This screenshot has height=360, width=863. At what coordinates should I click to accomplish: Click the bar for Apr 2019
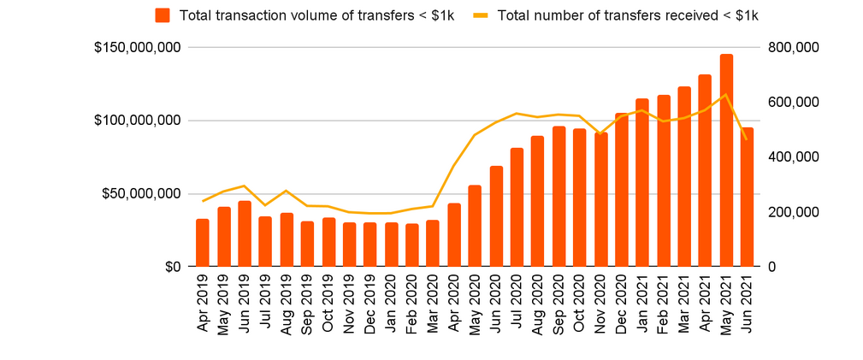click(x=203, y=243)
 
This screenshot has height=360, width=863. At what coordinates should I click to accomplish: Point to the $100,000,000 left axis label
click(x=137, y=121)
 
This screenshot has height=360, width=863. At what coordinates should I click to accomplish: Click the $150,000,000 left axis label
click(x=137, y=47)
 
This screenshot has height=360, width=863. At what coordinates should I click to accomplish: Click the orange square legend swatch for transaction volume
click(x=163, y=15)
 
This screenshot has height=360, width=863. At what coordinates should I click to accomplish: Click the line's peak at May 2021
click(x=726, y=95)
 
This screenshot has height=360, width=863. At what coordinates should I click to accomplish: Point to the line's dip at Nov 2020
click(x=600, y=134)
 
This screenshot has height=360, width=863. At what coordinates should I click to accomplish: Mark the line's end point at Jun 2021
click(x=747, y=139)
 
